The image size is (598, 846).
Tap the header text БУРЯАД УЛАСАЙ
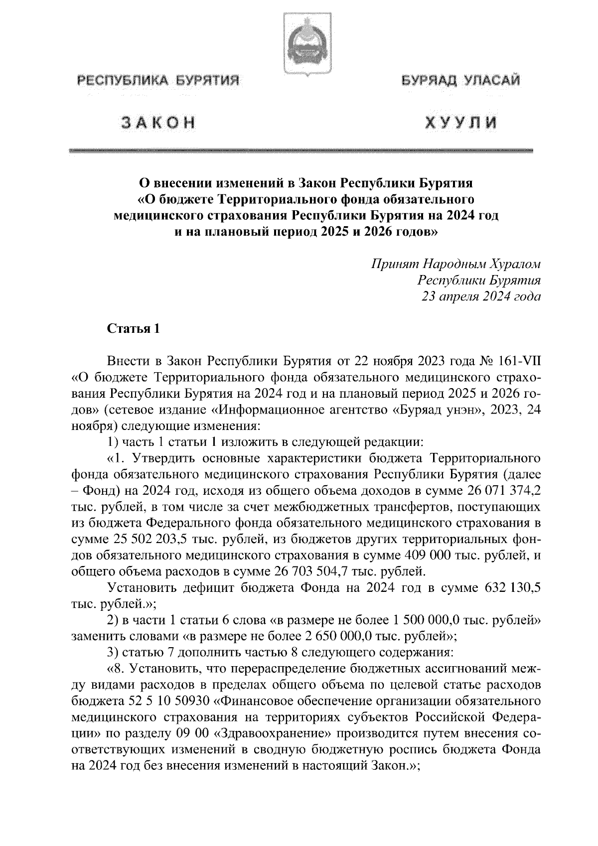(x=461, y=80)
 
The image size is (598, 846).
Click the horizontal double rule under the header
(x=301, y=150)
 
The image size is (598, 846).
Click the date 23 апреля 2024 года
(x=481, y=297)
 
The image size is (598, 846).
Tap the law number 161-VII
(x=518, y=361)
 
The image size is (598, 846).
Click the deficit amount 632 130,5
(x=512, y=587)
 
